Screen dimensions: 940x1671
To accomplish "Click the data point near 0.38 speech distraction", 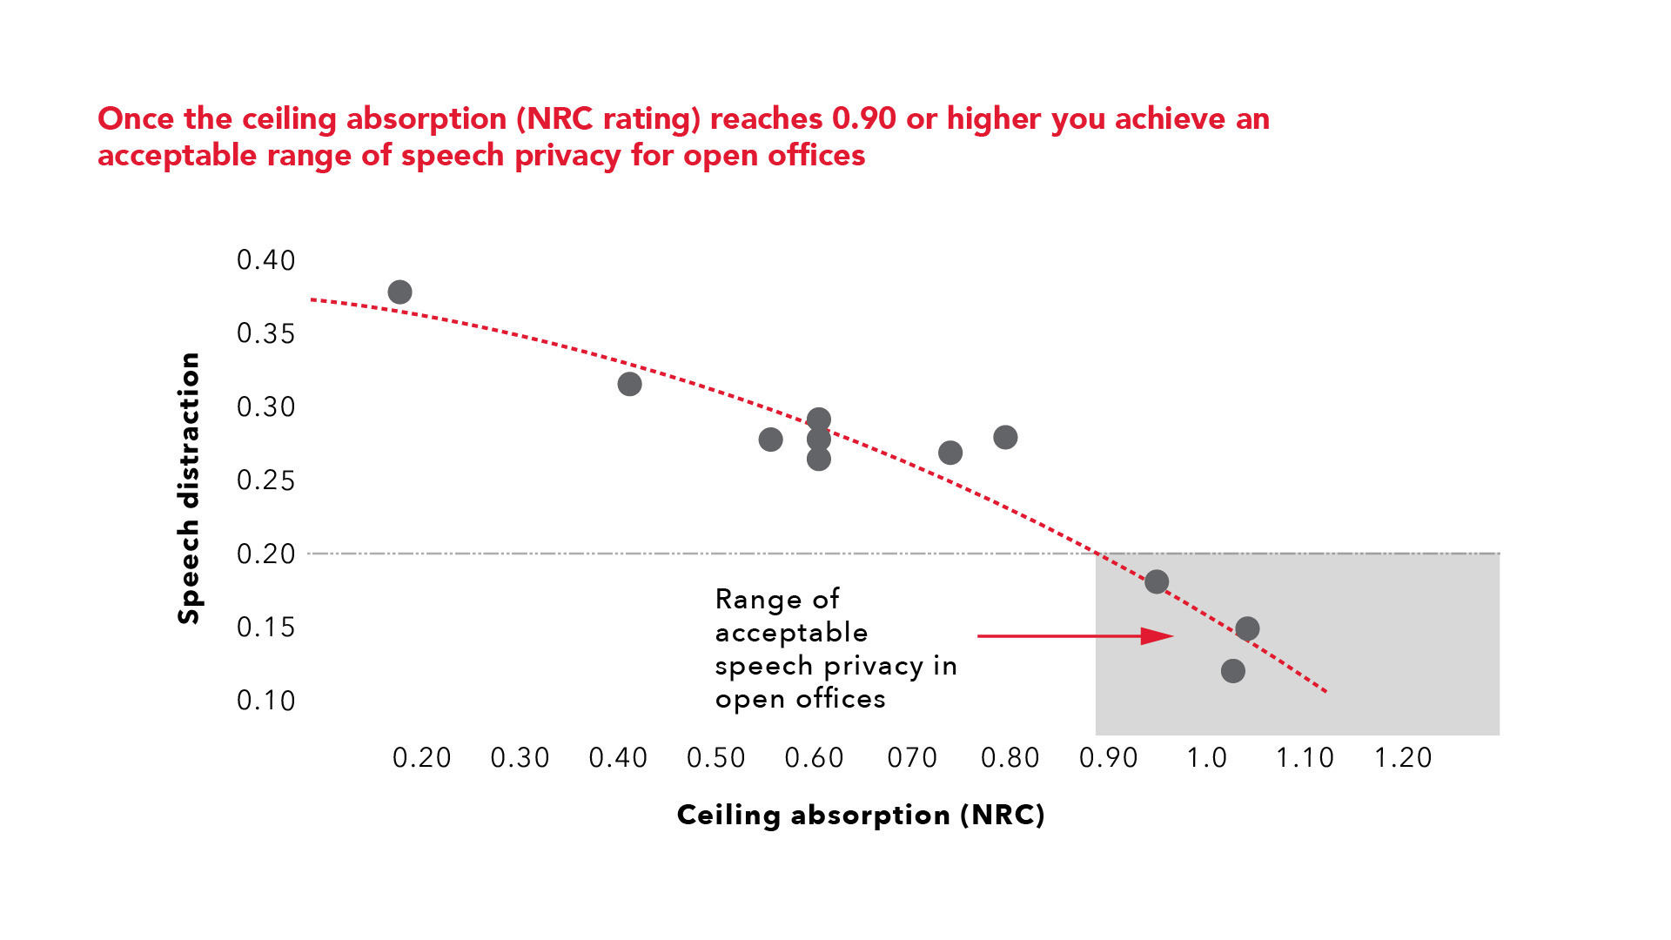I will [x=399, y=292].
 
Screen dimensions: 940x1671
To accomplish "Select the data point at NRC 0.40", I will [x=629, y=384].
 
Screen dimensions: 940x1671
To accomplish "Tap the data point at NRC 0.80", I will [x=1005, y=437].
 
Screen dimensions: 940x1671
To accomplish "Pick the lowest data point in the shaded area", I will [x=1232, y=670].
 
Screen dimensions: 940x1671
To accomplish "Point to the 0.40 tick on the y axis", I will [x=266, y=260].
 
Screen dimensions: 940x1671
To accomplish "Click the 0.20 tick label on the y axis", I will [x=266, y=554].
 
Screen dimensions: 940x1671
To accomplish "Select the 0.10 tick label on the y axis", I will [x=266, y=701].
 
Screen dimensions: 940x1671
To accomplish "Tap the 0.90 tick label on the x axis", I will [x=1108, y=758].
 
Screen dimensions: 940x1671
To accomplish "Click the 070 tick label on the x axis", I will [x=912, y=758].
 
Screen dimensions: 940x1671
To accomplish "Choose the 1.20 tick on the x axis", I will [x=1402, y=758].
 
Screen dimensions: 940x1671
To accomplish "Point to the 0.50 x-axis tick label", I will [x=715, y=758].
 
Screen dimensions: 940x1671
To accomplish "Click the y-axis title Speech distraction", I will [x=189, y=488].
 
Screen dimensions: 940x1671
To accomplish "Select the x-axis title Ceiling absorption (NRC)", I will [x=861, y=815].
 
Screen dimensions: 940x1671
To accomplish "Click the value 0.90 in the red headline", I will [x=863, y=118].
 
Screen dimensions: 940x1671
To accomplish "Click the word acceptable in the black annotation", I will [x=791, y=633].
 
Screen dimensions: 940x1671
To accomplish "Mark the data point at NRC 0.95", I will [x=1157, y=581].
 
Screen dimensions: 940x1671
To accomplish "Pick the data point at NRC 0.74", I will [x=950, y=453].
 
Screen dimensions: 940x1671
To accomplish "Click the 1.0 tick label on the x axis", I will [x=1206, y=758].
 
